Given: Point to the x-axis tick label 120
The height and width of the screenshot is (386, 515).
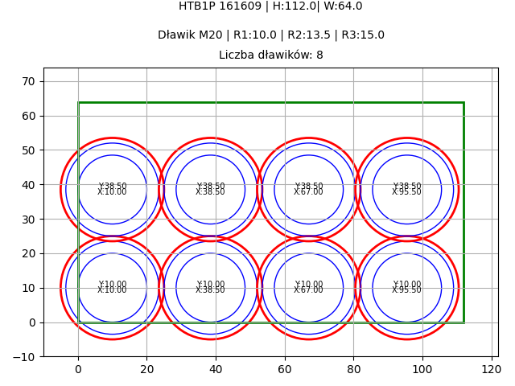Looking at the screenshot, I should click(x=491, y=369).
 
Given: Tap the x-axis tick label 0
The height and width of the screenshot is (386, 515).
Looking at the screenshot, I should click(x=78, y=369).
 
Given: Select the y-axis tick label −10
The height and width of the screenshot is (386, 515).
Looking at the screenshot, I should click(x=25, y=357).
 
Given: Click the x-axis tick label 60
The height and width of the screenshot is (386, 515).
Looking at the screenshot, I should click(x=285, y=369).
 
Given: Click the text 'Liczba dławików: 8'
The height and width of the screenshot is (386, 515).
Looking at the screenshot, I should click(x=270, y=55).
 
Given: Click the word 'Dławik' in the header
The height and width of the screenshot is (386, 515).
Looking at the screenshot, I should click(x=175, y=35).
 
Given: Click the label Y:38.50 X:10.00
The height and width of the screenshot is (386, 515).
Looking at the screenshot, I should click(x=112, y=189).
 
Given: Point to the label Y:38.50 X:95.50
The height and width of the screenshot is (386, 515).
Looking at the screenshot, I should click(x=406, y=189).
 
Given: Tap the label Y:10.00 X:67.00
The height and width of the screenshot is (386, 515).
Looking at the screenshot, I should click(x=308, y=287).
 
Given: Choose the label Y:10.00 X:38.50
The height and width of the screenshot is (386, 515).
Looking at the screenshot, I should click(x=210, y=287).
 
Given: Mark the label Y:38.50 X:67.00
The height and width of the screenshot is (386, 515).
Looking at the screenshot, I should click(x=308, y=189).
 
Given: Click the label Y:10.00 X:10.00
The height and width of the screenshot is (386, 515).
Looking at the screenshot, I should click(x=112, y=287).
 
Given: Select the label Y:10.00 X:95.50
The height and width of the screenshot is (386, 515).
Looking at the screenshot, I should click(x=406, y=287).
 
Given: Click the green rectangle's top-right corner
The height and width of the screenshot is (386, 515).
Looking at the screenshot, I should click(x=463, y=102).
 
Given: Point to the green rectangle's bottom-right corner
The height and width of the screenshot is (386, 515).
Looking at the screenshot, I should click(x=463, y=322).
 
